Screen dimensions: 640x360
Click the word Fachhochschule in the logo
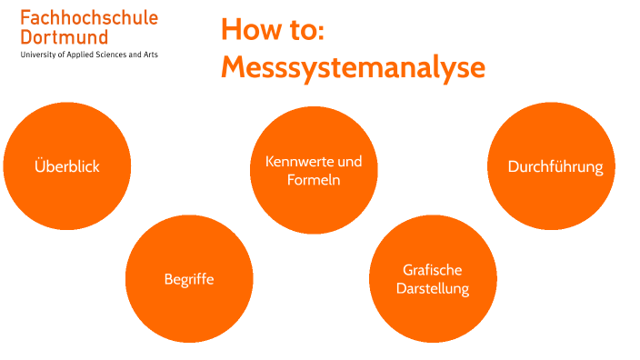point(88,18)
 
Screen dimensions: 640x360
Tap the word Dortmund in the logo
point(64,37)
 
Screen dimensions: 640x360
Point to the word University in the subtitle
point(39,55)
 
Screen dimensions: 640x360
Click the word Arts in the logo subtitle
point(149,55)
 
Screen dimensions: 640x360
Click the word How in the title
point(250,29)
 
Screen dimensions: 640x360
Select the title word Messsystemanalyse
point(353,67)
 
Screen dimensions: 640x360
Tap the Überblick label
point(66,166)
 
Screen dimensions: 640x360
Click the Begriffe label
point(189,279)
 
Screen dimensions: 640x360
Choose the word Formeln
point(314,180)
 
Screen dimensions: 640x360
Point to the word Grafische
point(433,270)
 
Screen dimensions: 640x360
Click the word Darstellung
point(433,289)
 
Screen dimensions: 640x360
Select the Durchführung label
point(555,166)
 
